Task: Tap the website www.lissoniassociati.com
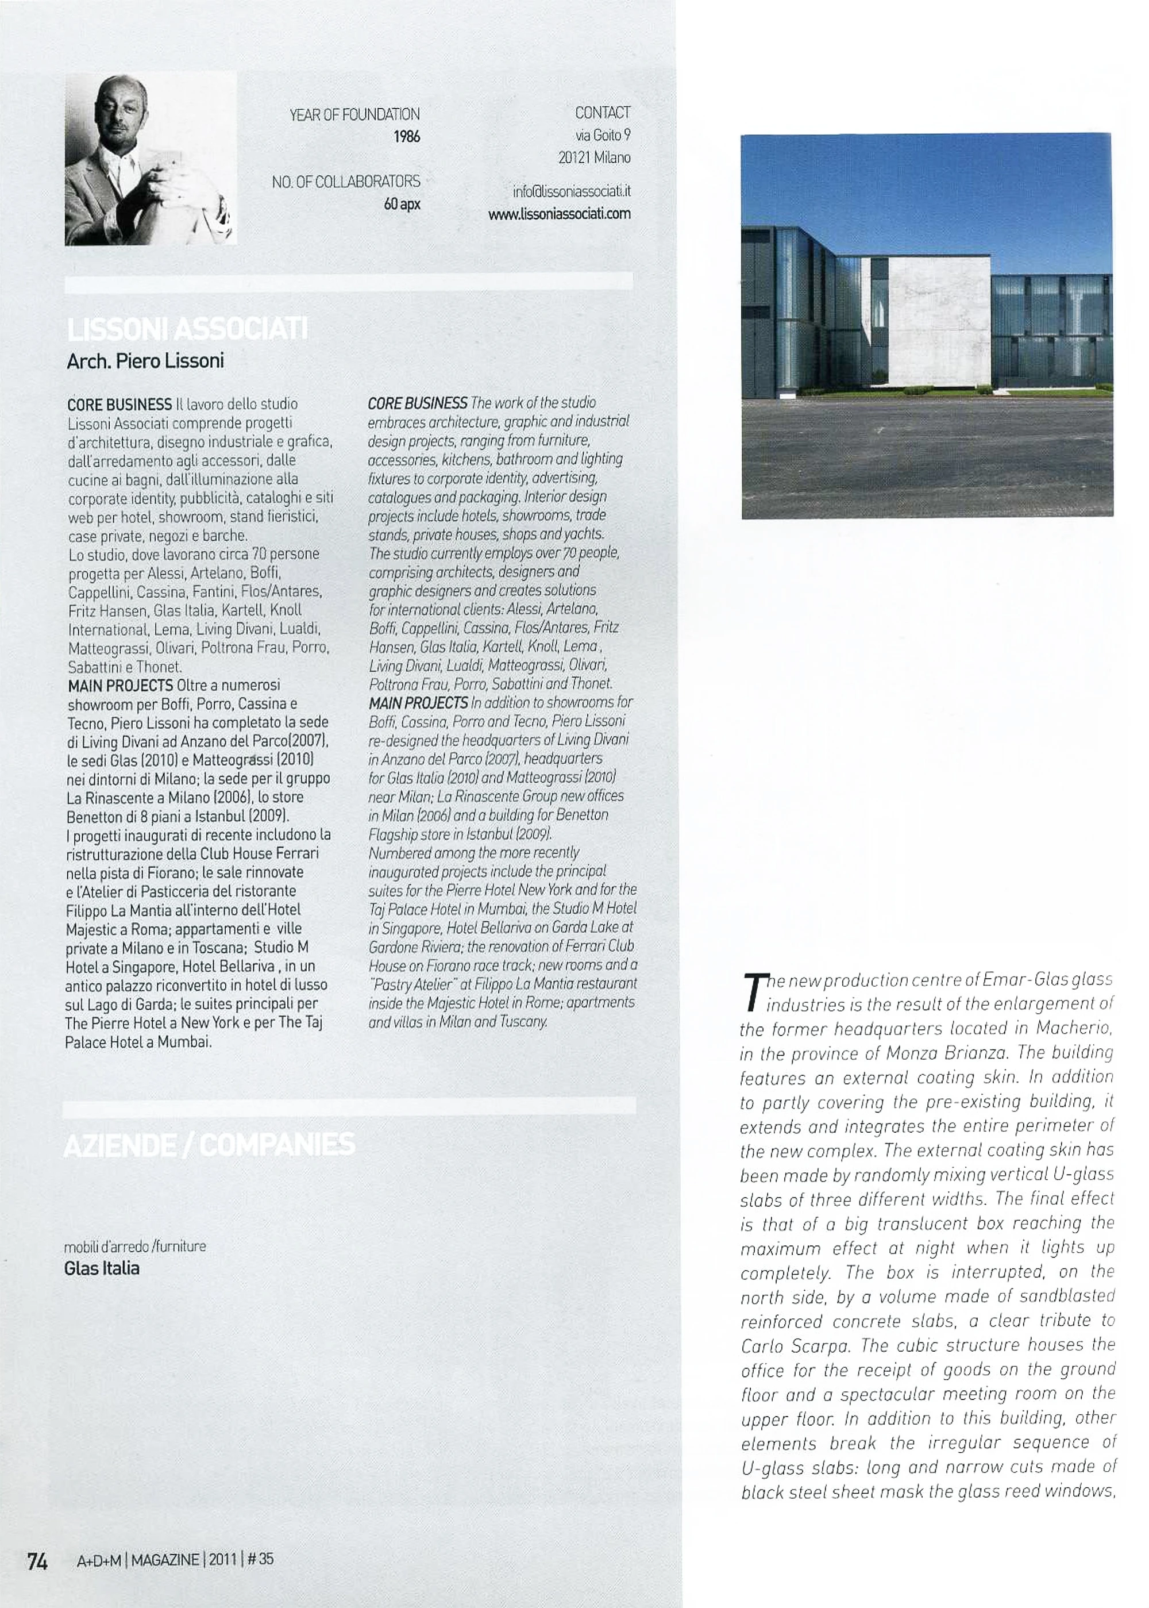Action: pyautogui.click(x=559, y=214)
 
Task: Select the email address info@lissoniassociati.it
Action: pyautogui.click(x=572, y=191)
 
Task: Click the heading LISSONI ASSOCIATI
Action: pyautogui.click(x=187, y=330)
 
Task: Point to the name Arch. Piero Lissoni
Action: pyautogui.click(x=145, y=361)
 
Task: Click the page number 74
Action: pyautogui.click(x=37, y=1561)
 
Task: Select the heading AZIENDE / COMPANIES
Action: pyautogui.click(x=209, y=1144)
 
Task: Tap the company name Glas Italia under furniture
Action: pyautogui.click(x=102, y=1268)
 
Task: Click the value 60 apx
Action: pyautogui.click(x=402, y=205)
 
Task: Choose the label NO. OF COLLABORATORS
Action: pyautogui.click(x=346, y=182)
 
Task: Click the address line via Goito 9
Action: pyautogui.click(x=602, y=135)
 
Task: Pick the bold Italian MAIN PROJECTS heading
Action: pyautogui.click(x=120, y=686)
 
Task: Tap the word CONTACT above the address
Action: pyautogui.click(x=602, y=113)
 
